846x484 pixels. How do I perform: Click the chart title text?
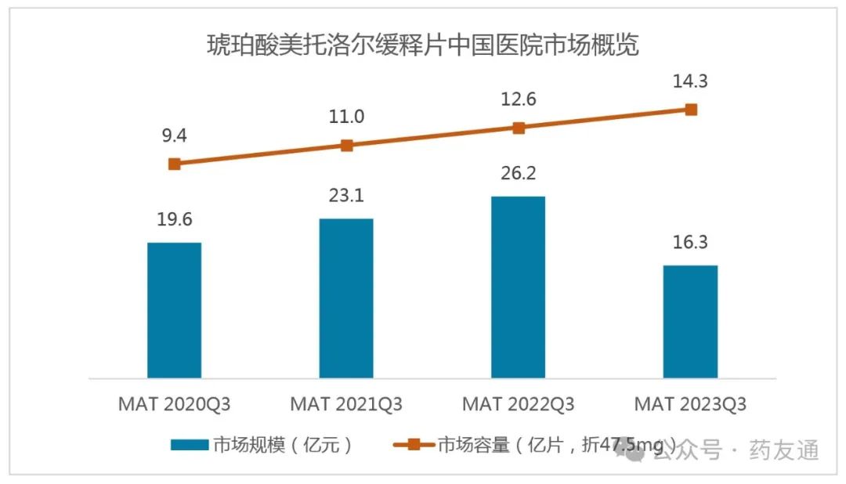422,45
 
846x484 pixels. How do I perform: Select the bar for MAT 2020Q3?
174,310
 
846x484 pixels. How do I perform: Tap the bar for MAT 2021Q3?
346,298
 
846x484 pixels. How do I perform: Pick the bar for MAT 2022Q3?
518,287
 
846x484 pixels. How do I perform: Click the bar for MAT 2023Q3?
690,321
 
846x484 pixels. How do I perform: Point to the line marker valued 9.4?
174,164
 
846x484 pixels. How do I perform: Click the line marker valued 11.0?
346,145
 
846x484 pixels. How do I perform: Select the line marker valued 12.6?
518,128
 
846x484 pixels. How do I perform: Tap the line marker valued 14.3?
690,110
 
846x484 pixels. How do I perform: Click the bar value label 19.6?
174,219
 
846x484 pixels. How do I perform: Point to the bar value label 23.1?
346,195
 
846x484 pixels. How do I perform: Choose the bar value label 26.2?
518,172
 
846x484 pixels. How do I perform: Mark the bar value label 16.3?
690,242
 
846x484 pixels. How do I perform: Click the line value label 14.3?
690,81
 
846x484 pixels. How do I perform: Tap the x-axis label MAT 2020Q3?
174,405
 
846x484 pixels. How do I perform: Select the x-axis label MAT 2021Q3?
346,405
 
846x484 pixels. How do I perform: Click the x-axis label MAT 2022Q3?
518,405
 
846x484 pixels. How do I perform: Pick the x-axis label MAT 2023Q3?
690,405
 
